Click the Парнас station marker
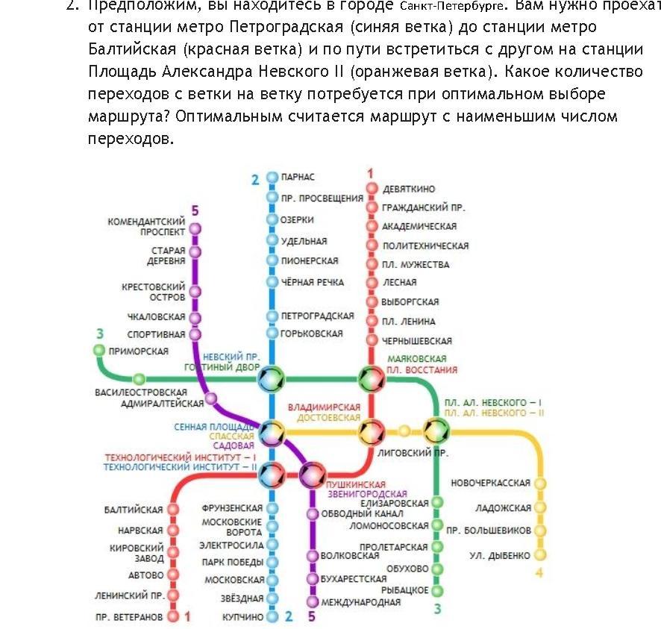pyautogui.click(x=272, y=178)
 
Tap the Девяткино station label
pyautogui.click(x=408, y=189)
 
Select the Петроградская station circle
pyautogui.click(x=272, y=316)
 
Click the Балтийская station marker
pyautogui.click(x=173, y=510)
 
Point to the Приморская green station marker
pyautogui.click(x=99, y=350)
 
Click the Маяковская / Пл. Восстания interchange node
pyautogui.click(x=371, y=379)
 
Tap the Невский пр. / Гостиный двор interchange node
pyautogui.click(x=272, y=379)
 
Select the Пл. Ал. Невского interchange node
pyautogui.click(x=436, y=431)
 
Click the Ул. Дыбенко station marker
pyautogui.click(x=540, y=555)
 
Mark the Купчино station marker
pyautogui.click(x=272, y=617)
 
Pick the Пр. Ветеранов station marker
pyautogui.click(x=173, y=617)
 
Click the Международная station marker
pyautogui.click(x=313, y=601)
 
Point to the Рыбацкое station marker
pyautogui.click(x=437, y=589)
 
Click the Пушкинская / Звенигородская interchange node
pyautogui.click(x=312, y=474)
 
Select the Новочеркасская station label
pyautogui.click(x=490, y=483)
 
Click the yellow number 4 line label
pyautogui.click(x=539, y=573)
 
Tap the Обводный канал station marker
pyautogui.click(x=313, y=514)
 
